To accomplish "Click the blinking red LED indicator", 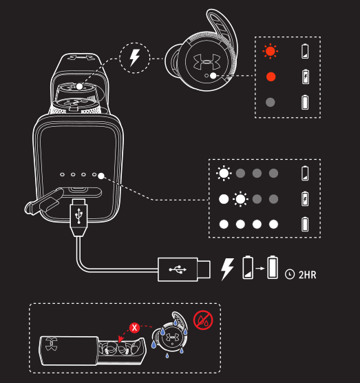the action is click(x=271, y=51).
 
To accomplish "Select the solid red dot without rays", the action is click(x=271, y=76).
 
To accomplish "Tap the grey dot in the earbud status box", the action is click(x=271, y=102).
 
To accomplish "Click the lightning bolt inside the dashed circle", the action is click(x=134, y=58).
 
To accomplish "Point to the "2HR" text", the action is click(x=307, y=275).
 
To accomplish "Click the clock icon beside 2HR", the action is click(x=290, y=274).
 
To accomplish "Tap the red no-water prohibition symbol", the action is click(x=203, y=320).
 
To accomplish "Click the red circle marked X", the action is click(x=134, y=328).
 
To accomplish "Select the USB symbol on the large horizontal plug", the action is click(x=178, y=269).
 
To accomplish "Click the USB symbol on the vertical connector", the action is click(x=78, y=216).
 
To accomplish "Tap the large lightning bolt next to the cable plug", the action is click(x=227, y=269).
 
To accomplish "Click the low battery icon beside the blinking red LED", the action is click(x=305, y=51).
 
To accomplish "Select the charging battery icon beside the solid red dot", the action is click(x=306, y=76).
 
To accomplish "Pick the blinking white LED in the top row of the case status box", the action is click(x=224, y=173).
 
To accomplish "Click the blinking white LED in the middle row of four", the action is click(x=240, y=199).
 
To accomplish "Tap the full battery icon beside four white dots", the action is click(x=305, y=224).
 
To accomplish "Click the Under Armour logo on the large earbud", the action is click(x=207, y=61).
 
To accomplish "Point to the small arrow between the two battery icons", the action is click(x=260, y=269).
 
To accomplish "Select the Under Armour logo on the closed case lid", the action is click(x=51, y=344).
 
